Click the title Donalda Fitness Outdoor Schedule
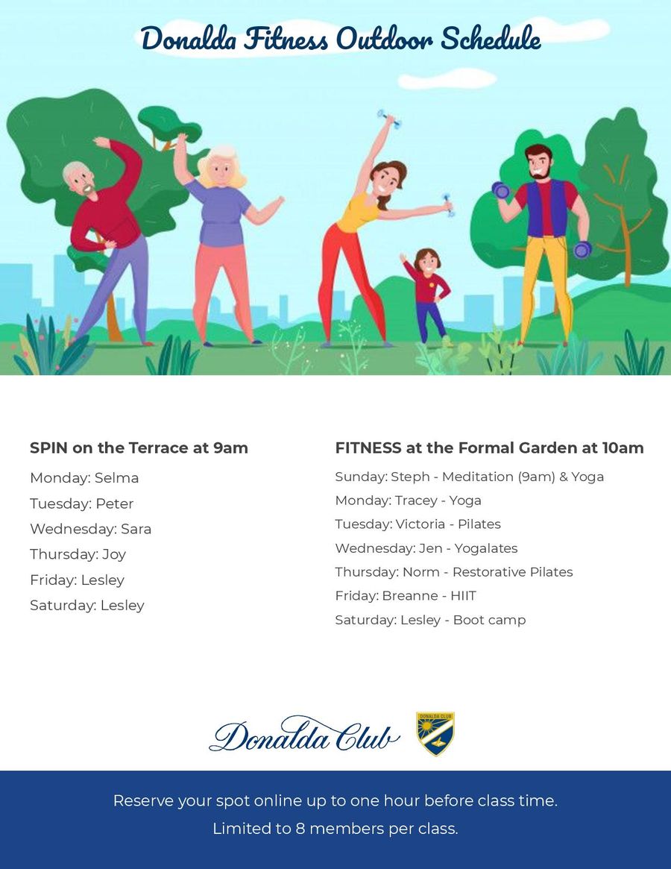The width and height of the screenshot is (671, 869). click(341, 38)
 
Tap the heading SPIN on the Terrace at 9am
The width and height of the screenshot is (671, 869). click(139, 448)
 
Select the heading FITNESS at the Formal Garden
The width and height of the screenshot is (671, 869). click(489, 448)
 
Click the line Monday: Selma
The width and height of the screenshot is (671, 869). click(84, 477)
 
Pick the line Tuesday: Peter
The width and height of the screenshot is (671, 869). click(82, 503)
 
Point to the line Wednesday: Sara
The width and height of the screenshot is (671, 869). click(90, 529)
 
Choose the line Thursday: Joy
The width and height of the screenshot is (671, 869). click(78, 554)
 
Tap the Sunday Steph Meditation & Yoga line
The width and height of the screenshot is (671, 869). click(469, 477)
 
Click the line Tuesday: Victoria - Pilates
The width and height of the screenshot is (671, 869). click(418, 524)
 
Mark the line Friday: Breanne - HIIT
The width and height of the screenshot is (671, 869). click(406, 596)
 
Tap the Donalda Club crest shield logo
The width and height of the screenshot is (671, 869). click(435, 733)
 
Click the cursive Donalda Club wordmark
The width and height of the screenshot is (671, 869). click(304, 735)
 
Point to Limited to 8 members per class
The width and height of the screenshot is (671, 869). click(335, 828)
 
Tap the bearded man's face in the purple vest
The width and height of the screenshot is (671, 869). click(538, 163)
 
